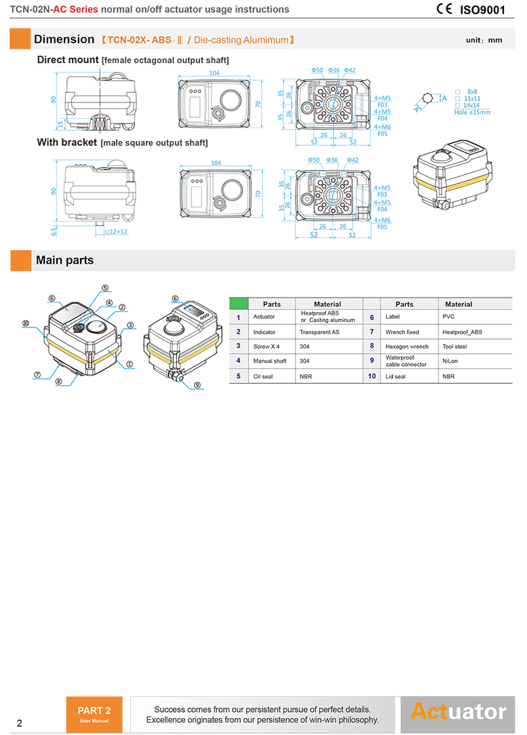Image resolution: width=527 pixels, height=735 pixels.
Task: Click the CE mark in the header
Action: coord(445,9)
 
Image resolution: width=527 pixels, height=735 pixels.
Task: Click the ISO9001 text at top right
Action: coord(482,10)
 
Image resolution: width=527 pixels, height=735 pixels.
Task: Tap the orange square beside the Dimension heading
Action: coord(20,39)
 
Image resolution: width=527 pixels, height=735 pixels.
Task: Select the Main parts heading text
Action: coord(64,260)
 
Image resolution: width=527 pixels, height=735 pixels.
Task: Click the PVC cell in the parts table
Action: coord(449,317)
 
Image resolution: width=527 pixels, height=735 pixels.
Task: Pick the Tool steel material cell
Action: coord(454,346)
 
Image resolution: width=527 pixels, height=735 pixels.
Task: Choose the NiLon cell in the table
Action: coord(450,361)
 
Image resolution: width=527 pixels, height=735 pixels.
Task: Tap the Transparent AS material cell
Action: coord(319,332)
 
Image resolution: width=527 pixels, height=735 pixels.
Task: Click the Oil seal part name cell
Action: coord(263,376)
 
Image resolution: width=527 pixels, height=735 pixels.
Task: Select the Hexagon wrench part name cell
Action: coord(407,346)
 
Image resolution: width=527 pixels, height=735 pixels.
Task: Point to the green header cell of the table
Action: coord(238,304)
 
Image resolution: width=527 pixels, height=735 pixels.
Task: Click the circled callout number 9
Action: coord(197,385)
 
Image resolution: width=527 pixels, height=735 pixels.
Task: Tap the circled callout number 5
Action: coord(105,287)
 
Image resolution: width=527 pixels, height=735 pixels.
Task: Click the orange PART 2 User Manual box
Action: coord(94,714)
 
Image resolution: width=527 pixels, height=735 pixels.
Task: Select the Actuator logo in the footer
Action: coord(458,712)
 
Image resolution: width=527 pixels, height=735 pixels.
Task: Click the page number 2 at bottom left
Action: coord(19,723)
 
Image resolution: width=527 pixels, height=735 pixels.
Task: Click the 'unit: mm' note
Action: coord(484,40)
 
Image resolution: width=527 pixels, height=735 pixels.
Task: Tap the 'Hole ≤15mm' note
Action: coord(472,112)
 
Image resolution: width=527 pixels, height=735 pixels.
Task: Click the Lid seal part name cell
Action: coord(395,376)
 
